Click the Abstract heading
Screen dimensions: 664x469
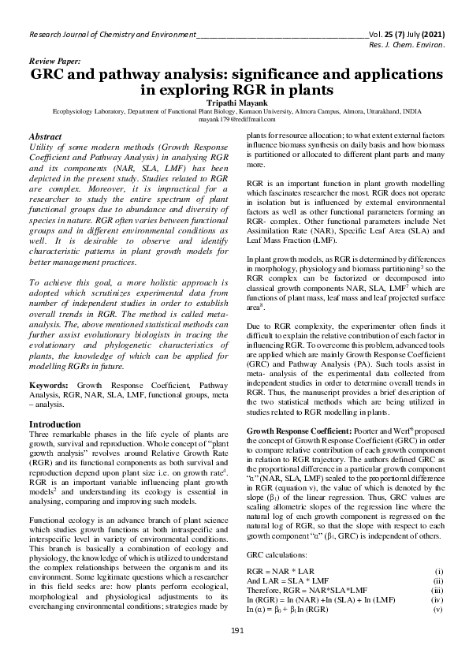point(46,137)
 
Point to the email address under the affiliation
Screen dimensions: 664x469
point(234,121)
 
